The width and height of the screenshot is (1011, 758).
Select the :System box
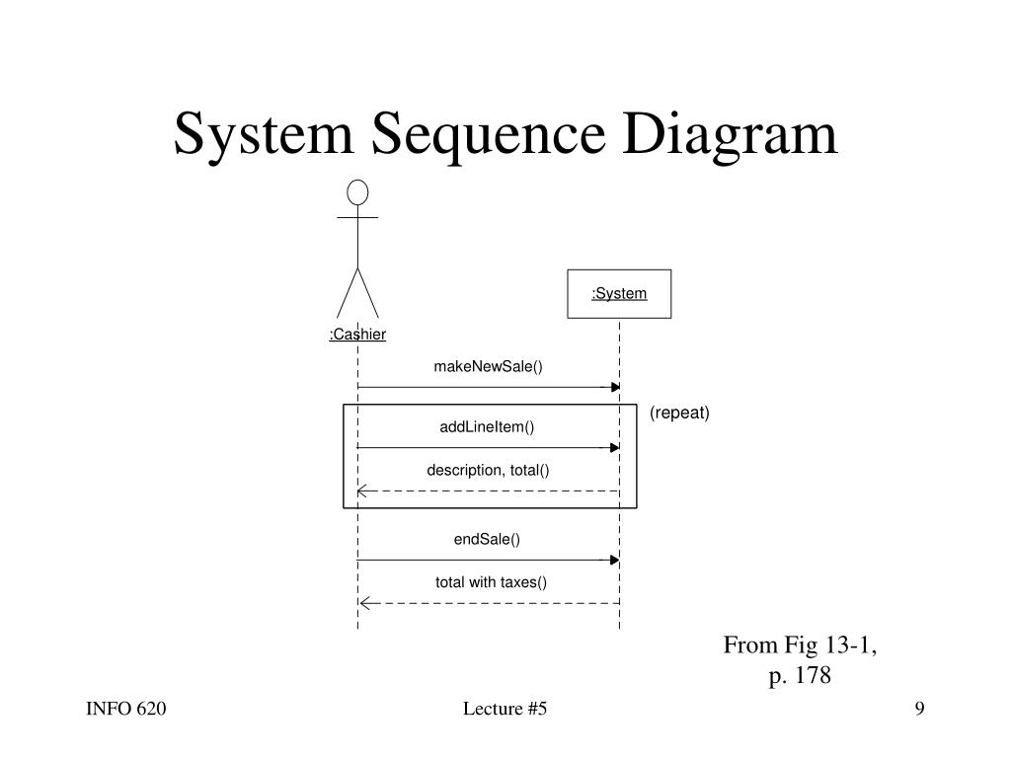point(619,294)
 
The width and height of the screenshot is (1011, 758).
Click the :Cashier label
point(357,335)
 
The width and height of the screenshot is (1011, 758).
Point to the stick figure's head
point(357,191)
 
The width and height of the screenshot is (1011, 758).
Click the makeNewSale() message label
point(488,367)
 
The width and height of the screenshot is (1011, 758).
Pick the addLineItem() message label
point(487,427)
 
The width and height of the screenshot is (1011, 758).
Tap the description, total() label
point(488,471)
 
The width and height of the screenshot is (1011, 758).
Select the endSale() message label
point(487,539)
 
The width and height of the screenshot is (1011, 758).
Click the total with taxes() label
point(491,582)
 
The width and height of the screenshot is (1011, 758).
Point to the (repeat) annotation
point(679,413)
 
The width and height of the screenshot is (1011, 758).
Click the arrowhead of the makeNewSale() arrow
point(615,387)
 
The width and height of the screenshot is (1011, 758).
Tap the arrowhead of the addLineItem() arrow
point(615,447)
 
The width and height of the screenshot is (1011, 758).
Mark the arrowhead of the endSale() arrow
point(615,560)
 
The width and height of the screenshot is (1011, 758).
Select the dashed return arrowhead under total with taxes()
point(363,603)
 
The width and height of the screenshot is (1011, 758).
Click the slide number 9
point(919,710)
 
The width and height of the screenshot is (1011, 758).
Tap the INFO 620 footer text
point(125,710)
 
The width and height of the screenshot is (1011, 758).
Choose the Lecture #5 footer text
point(505,710)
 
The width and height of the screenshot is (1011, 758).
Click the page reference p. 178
point(800,676)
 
